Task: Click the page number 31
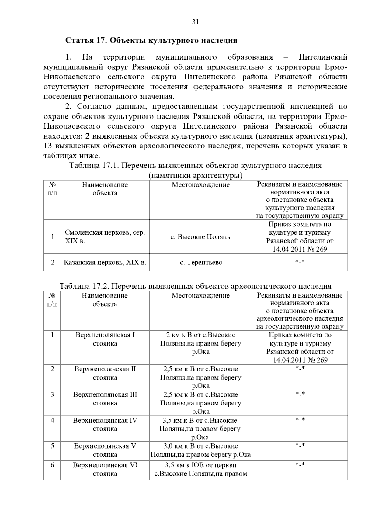[195, 22]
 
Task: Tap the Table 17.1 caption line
[195, 166]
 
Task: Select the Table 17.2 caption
[195, 286]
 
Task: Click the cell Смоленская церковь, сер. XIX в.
[105, 237]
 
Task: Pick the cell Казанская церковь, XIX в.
[105, 262]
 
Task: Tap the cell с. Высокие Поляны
[201, 237]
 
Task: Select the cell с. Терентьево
[201, 262]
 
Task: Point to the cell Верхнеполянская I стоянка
[105, 339]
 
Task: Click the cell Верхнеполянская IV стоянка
[105, 425]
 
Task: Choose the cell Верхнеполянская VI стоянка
[105, 469]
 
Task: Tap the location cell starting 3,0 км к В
[201, 450]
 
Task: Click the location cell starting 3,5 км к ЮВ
[201, 469]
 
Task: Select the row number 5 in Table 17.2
[52, 446]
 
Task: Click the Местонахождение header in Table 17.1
[201, 185]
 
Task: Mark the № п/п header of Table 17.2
[52, 300]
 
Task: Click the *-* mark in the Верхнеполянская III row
[300, 394]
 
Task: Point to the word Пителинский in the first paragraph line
[323, 57]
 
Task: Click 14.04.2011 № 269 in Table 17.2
[300, 360]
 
